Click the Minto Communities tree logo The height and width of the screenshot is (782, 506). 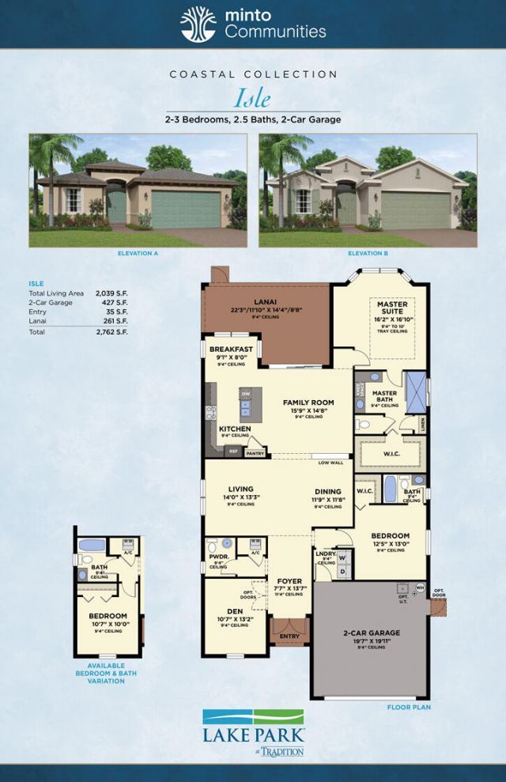pyautogui.click(x=198, y=24)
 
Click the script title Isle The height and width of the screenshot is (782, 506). pyautogui.click(x=252, y=98)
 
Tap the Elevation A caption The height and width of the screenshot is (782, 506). pyautogui.click(x=138, y=254)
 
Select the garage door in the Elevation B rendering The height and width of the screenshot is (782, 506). pyautogui.click(x=415, y=210)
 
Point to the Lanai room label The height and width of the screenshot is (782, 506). pyautogui.click(x=265, y=300)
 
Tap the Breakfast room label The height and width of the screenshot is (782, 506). pyautogui.click(x=231, y=349)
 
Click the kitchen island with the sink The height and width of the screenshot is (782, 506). pyautogui.click(x=247, y=402)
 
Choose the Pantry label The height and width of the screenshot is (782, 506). pyautogui.click(x=255, y=454)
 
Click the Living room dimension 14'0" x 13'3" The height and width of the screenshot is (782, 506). pyautogui.click(x=240, y=497)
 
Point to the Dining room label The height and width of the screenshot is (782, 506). pyautogui.click(x=327, y=491)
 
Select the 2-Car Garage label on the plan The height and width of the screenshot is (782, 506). pyautogui.click(x=372, y=633)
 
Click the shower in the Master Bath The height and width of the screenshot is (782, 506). pyautogui.click(x=416, y=391)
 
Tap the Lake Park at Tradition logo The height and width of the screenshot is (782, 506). pyautogui.click(x=253, y=731)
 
